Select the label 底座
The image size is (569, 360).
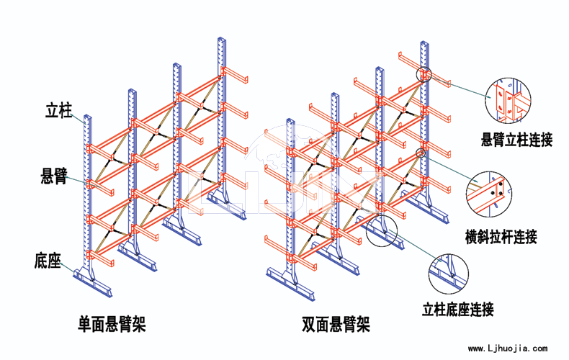click(x=47, y=261)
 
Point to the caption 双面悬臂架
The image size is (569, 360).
click(x=336, y=324)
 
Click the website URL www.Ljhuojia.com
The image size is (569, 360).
click(x=508, y=348)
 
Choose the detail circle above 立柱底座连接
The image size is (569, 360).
click(x=448, y=274)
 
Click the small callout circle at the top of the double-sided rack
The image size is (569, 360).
click(x=424, y=74)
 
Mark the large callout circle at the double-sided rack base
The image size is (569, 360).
click(x=382, y=230)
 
